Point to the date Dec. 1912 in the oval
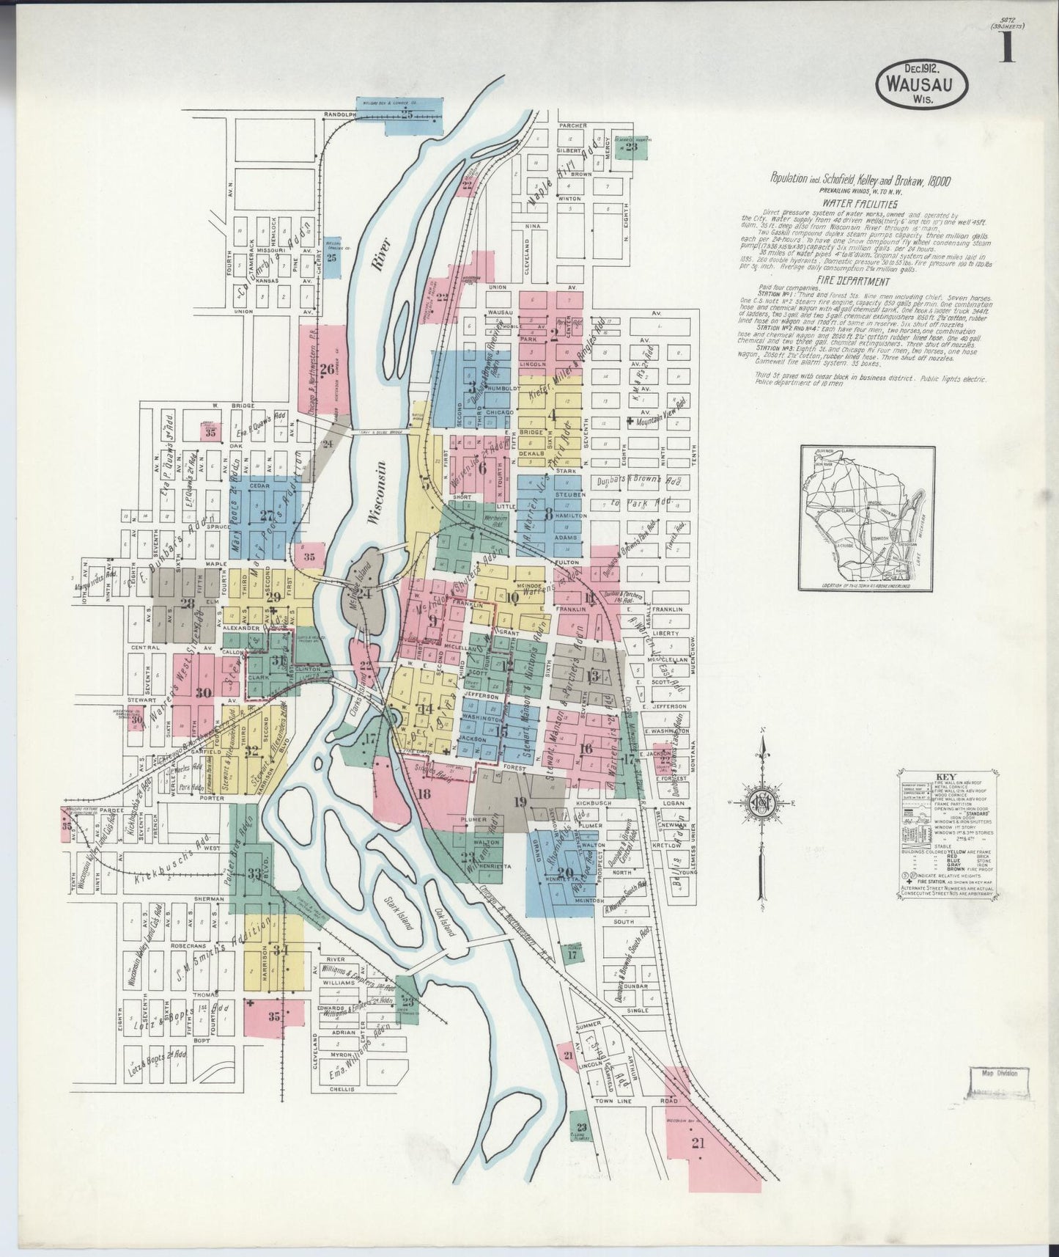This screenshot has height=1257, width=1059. point(920,67)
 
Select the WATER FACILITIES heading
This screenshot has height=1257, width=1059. point(859,204)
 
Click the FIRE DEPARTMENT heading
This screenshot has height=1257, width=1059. point(855,282)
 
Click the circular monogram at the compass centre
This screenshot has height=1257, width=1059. point(762,804)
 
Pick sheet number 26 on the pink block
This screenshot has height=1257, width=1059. point(326,369)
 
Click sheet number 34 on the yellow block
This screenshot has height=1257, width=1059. point(281,949)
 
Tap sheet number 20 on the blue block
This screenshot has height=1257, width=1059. point(564,872)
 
